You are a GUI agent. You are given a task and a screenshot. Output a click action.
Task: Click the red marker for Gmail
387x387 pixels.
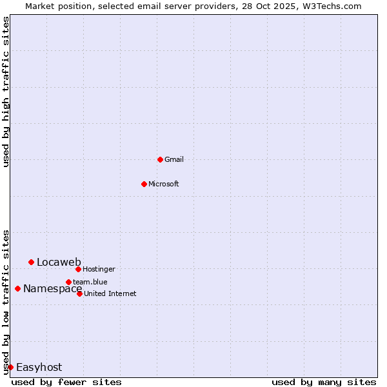coord(160,159)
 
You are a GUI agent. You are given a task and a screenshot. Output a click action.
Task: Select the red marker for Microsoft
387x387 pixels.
coord(144,184)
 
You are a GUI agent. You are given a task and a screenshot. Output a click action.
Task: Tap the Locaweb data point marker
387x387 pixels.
coord(31,262)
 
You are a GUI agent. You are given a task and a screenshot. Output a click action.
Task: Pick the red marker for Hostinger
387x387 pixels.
coord(78,269)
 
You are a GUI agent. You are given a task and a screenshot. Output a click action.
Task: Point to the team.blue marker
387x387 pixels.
coord(68,282)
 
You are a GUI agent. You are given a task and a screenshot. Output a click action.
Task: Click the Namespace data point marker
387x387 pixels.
coord(17,288)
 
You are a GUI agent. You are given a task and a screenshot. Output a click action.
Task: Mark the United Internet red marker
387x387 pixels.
coord(79,293)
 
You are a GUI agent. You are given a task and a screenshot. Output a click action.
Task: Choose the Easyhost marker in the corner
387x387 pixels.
coord(10,367)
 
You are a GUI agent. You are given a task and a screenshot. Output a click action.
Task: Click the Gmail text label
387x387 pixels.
coord(174,159)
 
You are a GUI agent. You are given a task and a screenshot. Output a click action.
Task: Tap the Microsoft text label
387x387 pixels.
coord(163,184)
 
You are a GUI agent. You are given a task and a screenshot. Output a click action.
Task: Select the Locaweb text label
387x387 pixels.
coord(59,262)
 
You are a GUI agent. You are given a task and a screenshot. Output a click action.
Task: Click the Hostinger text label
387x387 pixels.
coord(99,269)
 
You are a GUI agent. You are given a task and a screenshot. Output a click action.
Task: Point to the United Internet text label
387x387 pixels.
coord(110,293)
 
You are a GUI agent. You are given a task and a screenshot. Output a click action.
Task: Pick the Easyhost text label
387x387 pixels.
coord(39,367)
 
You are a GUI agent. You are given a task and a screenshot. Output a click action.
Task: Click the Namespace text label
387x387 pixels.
coord(52,288)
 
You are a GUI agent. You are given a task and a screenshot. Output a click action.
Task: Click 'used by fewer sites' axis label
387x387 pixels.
coord(66,382)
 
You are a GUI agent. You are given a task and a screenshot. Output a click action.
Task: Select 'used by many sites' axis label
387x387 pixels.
coord(324,382)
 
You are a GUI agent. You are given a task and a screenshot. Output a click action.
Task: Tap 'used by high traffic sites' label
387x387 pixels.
coord(6,92)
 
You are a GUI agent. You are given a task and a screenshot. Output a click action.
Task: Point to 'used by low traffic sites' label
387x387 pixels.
coord(6,301)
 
